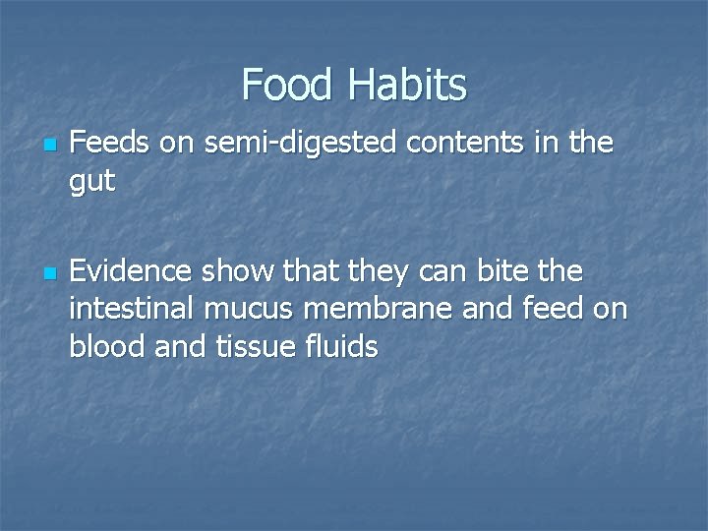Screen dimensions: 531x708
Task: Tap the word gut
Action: coord(92,182)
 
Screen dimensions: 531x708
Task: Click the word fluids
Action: coord(340,345)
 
